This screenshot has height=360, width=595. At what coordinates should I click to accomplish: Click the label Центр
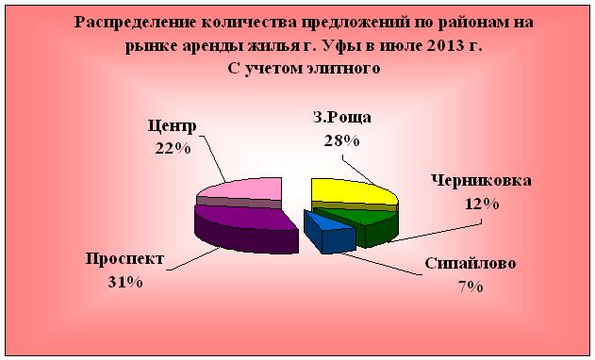[172, 126]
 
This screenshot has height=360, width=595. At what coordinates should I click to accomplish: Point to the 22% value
[173, 148]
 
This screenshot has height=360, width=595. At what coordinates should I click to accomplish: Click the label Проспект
[124, 259]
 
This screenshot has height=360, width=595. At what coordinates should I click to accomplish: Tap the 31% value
[125, 281]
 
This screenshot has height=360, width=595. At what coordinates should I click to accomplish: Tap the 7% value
[470, 286]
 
